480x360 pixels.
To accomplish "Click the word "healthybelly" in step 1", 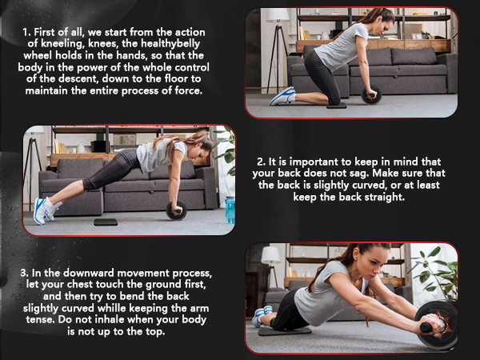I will pyautogui.click(x=169, y=46).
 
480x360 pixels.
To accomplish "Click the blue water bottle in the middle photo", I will pyautogui.click(x=230, y=210).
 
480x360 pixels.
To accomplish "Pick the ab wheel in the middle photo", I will pyautogui.click(x=175, y=210).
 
